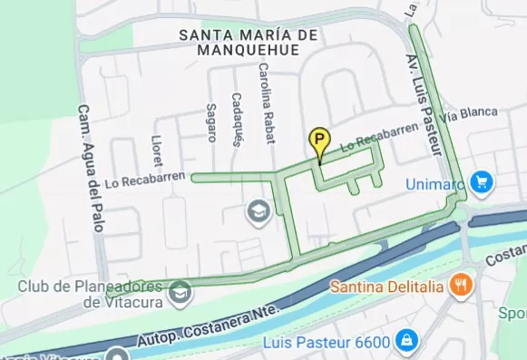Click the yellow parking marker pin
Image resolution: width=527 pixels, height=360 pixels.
(x=319, y=141)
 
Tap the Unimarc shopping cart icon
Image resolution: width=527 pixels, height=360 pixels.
(x=480, y=182)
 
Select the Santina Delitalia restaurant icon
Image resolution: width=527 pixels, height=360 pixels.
(x=463, y=285)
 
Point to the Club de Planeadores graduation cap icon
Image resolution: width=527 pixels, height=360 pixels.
(x=181, y=291)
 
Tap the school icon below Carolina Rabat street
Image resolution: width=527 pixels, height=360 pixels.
(x=259, y=211)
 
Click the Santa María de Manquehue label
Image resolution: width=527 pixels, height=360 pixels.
(x=249, y=42)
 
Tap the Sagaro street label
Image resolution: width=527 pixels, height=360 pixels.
(x=212, y=122)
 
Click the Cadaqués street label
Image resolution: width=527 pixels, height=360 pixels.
(x=237, y=119)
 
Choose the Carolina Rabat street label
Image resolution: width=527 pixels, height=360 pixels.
(x=267, y=104)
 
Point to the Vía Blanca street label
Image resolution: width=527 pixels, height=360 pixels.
(x=469, y=114)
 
